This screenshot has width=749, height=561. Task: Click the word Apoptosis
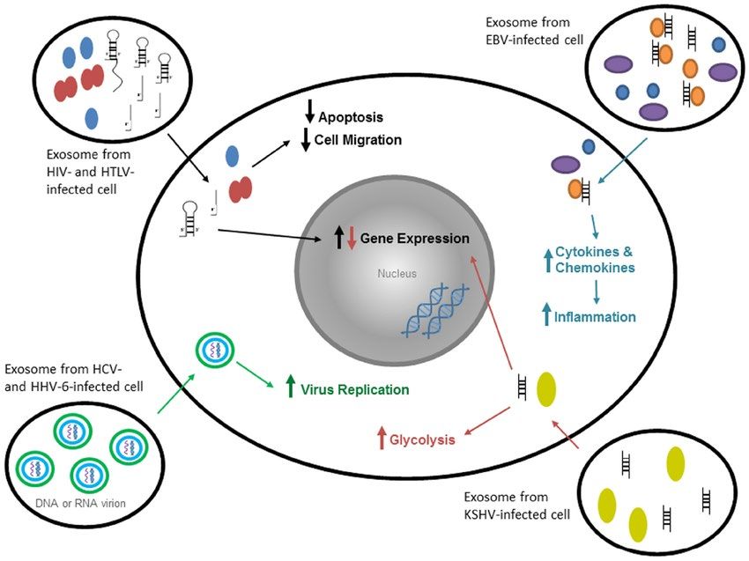[351, 117]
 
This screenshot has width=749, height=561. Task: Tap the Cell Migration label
[358, 140]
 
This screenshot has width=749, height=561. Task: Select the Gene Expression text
[415, 239]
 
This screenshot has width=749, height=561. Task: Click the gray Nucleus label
[397, 274]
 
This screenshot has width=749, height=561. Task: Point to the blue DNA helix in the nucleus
[435, 311]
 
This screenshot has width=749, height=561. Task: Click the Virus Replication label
[354, 389]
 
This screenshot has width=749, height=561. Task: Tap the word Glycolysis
[422, 439]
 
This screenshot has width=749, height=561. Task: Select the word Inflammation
[595, 316]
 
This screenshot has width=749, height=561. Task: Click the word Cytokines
[587, 252]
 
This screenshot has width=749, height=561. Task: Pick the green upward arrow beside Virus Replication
[290, 387]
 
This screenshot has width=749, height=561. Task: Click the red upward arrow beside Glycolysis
[382, 438]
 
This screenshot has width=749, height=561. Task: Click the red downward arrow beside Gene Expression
[352, 239]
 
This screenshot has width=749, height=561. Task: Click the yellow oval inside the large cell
[546, 389]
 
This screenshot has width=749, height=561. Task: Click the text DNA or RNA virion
[80, 503]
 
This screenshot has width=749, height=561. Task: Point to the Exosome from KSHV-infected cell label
[517, 506]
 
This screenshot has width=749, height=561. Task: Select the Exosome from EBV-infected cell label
[534, 31]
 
